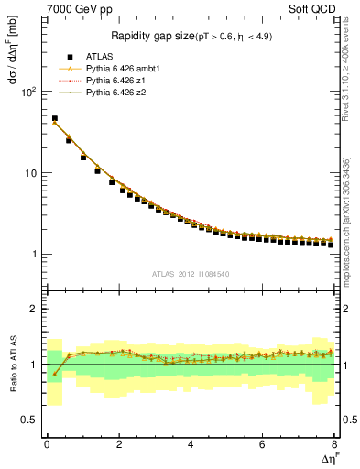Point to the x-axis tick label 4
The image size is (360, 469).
[191, 444]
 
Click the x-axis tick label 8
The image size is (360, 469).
[334, 444]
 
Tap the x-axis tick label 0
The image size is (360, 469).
[47, 444]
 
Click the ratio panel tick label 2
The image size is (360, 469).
[33, 309]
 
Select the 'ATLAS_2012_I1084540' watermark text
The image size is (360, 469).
[189, 274]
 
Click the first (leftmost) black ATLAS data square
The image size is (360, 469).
[54, 119]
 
